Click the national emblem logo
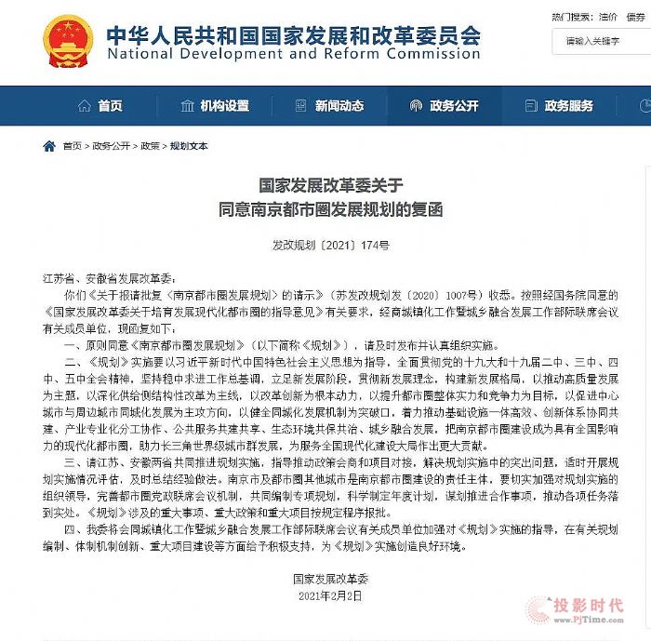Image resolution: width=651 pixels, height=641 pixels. coord(67,42)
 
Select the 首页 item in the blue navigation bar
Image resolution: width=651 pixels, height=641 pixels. coord(101,105)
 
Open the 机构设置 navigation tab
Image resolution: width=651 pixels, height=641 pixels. coord(215,105)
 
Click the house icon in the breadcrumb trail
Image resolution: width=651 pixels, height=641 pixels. coord(49,146)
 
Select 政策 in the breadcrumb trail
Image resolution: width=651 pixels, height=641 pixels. coord(151,147)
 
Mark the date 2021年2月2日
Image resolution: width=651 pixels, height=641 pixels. coord(325,598)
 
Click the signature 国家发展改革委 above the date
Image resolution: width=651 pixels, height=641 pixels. coord(325,580)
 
